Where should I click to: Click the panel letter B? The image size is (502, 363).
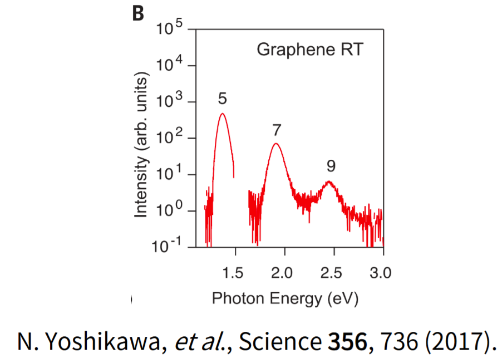[x=137, y=13]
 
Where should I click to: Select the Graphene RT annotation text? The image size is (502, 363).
[x=309, y=50]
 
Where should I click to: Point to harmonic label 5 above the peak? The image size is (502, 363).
[x=222, y=99]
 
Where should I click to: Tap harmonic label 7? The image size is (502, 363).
[x=277, y=130]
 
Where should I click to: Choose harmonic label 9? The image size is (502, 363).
[x=331, y=166]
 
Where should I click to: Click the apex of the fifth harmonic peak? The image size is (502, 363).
[x=222, y=114]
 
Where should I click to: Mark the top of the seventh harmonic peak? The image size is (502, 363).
[x=275, y=144]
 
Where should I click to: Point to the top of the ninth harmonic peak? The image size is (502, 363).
[x=329, y=181]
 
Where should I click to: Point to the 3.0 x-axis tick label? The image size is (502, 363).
[x=381, y=273]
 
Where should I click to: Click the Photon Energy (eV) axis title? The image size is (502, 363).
[x=285, y=298]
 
